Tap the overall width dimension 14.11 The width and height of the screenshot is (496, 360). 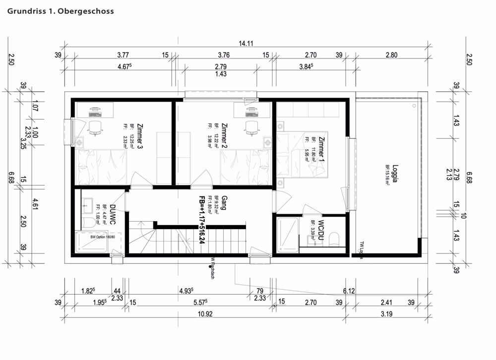(x=246, y=44)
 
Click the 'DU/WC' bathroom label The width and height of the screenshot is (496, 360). (x=113, y=215)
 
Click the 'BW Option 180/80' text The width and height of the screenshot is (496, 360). (x=103, y=237)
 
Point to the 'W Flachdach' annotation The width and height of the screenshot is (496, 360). (x=212, y=268)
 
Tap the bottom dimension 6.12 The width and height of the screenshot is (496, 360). (x=348, y=291)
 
